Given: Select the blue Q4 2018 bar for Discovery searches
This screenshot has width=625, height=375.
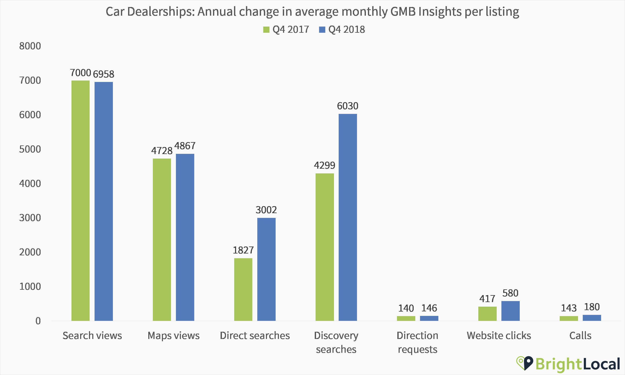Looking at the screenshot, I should pos(348,217).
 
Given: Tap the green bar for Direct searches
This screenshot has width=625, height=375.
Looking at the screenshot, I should pos(243,289).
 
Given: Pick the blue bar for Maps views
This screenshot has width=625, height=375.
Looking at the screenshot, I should pos(185,237).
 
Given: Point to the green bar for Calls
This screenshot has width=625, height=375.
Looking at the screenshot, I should pos(569,318).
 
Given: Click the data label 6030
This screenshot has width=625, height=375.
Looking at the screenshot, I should pos(348,106).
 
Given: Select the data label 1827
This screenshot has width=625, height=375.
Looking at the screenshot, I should pos(243,250).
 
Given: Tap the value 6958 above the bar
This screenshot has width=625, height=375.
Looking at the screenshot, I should pos(104,74).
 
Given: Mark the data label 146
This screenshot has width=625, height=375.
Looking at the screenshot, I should pos(429,308).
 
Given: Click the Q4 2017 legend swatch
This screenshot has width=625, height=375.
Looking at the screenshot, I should pos(266,30).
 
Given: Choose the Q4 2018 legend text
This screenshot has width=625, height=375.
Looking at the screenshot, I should pos(346,30).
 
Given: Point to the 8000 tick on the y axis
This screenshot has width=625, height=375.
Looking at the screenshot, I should pos(30,46).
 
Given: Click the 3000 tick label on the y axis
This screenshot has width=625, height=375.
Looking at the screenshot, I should pos(30,218).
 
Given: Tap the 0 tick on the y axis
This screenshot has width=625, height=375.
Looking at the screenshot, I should pos(38,321).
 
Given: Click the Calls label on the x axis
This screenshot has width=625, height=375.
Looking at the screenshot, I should pos(580,336).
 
